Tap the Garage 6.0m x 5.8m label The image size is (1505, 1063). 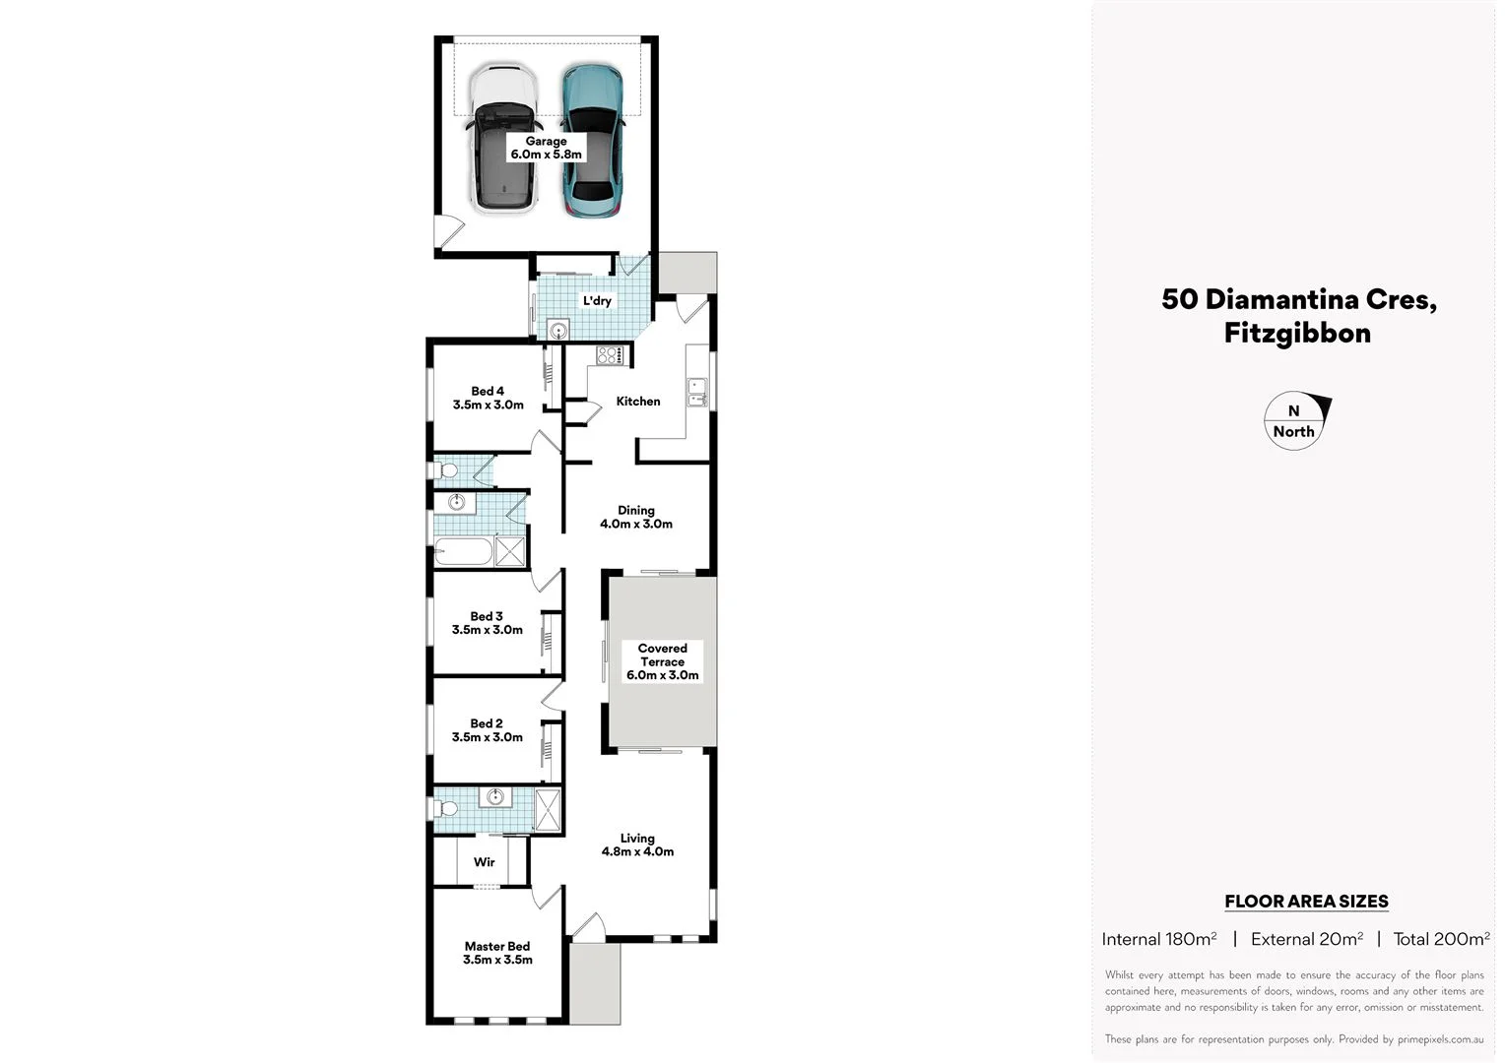click(546, 148)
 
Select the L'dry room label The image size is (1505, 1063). click(597, 300)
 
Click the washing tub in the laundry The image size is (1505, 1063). click(557, 331)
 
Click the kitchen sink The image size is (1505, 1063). click(697, 392)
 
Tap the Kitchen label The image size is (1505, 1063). click(638, 401)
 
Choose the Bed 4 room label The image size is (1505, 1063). click(488, 398)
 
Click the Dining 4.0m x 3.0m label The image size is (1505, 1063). click(636, 517)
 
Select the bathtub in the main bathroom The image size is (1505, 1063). click(463, 551)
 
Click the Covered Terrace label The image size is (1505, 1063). click(662, 661)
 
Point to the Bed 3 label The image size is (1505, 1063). click(487, 623)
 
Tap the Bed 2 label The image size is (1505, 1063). click(487, 730)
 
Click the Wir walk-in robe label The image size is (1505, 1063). click(484, 862)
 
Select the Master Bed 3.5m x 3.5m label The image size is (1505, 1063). click(497, 953)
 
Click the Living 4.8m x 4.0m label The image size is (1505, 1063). click(637, 844)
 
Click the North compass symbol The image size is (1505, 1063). click(1295, 422)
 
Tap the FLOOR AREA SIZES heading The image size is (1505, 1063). click(1306, 901)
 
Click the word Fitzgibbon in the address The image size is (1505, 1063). click(1297, 333)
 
